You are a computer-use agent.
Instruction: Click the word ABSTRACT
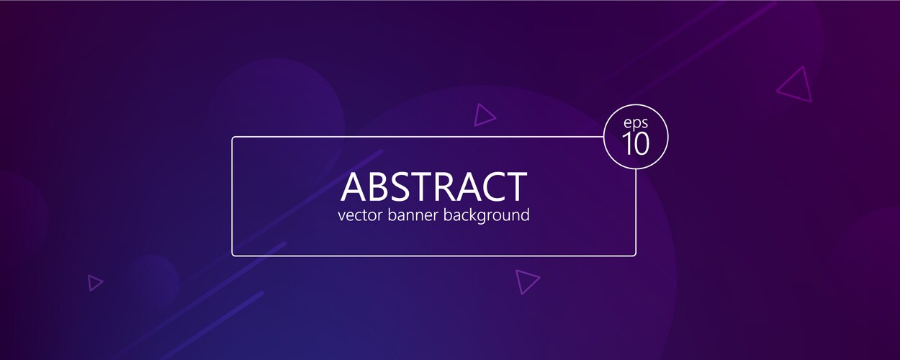click(433, 186)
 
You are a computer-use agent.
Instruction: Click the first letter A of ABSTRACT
click(353, 186)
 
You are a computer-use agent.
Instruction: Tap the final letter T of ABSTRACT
click(516, 186)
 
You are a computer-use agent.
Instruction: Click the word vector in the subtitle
click(359, 215)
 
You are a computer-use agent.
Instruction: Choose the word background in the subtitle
click(487, 216)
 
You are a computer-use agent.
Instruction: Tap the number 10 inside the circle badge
click(636, 143)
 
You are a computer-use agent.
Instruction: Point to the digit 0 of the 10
click(642, 143)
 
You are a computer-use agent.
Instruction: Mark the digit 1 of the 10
click(627, 143)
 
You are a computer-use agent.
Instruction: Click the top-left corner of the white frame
click(233, 138)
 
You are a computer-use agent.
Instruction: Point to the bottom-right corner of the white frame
click(635, 255)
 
